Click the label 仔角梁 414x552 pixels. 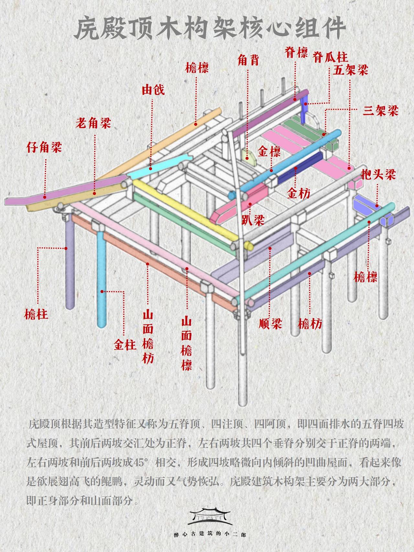tap(44, 148)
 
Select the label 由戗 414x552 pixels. tap(153, 90)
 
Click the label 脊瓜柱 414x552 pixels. tap(330, 58)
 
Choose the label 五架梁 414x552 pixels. tap(351, 70)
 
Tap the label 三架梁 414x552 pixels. tap(380, 111)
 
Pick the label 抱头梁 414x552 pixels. tap(378, 175)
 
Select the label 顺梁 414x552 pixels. tap(270, 323)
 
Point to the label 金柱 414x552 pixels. tap(125, 345)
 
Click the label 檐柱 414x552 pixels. tap(36, 314)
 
